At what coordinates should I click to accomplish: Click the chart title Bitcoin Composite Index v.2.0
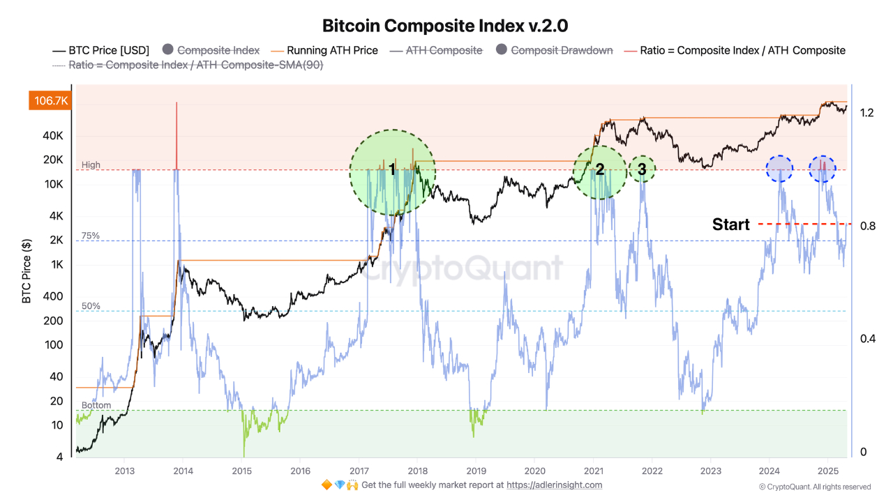pyautogui.click(x=445, y=26)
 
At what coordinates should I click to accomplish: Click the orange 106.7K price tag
pyautogui.click(x=50, y=101)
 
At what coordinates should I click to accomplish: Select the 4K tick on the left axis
pyautogui.click(x=55, y=216)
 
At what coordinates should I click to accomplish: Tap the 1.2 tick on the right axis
pyautogui.click(x=867, y=113)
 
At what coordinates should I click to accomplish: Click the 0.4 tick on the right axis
pyautogui.click(x=867, y=339)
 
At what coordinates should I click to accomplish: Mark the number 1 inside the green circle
pyautogui.click(x=392, y=169)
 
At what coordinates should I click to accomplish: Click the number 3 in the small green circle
pyautogui.click(x=642, y=169)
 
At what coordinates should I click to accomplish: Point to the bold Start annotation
pyautogui.click(x=730, y=225)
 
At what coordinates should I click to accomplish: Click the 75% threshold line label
pyautogui.click(x=91, y=236)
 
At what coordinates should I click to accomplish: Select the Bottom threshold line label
pyautogui.click(x=96, y=405)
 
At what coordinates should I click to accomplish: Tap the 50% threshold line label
pyautogui.click(x=91, y=306)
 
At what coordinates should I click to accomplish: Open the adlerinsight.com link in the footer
pyautogui.click(x=554, y=485)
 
